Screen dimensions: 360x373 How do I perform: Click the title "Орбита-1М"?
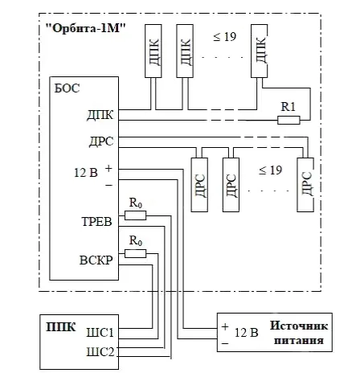click(86, 28)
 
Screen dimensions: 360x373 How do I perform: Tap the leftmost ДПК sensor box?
click(153, 51)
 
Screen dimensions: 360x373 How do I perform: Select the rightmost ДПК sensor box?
click(259, 51)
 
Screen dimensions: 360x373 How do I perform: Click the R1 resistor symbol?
click(288, 120)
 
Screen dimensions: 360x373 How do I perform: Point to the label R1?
click(288, 107)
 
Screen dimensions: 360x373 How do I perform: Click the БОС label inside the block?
click(67, 88)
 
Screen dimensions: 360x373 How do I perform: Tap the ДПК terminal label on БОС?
click(100, 115)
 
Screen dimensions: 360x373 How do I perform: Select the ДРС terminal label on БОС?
click(101, 141)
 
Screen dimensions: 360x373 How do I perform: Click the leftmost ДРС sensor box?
click(199, 185)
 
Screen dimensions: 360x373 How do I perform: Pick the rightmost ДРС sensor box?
click(305, 185)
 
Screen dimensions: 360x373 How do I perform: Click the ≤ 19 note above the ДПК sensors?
click(225, 36)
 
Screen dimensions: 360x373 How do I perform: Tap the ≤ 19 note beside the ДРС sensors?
click(271, 170)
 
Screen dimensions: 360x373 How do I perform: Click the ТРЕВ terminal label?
click(96, 222)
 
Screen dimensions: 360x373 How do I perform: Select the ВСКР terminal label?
click(96, 260)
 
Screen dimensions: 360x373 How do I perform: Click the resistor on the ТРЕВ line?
click(136, 215)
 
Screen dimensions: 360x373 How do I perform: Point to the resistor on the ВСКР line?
click(136, 253)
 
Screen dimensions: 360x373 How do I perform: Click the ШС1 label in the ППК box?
click(100, 333)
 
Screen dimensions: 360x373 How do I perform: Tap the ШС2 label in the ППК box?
click(100, 351)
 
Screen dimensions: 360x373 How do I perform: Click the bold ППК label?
click(61, 327)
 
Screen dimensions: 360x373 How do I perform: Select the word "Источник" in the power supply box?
click(299, 326)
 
